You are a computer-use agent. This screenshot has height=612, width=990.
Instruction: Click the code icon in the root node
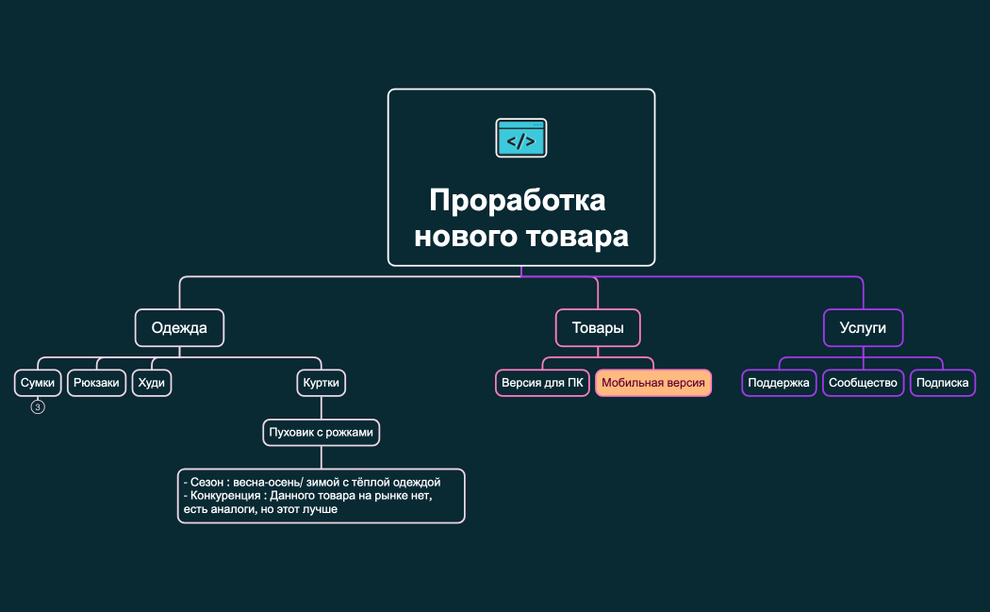pyautogui.click(x=521, y=138)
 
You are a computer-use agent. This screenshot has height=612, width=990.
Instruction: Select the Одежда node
pyautogui.click(x=179, y=328)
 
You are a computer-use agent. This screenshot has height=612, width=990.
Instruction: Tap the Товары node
pyautogui.click(x=598, y=328)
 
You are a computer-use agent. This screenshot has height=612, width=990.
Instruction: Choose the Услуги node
pyautogui.click(x=863, y=328)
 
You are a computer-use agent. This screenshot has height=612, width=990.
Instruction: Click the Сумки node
pyautogui.click(x=39, y=383)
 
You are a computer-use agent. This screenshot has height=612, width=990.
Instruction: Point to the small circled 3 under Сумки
pyautogui.click(x=38, y=407)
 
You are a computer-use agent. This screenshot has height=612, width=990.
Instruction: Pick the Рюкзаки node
pyautogui.click(x=96, y=383)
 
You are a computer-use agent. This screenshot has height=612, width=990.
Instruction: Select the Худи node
pyautogui.click(x=152, y=383)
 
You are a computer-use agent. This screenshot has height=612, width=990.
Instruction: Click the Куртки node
pyautogui.click(x=322, y=383)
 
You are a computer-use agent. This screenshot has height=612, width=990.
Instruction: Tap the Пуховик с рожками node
pyautogui.click(x=322, y=433)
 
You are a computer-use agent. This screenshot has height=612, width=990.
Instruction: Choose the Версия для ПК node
pyautogui.click(x=543, y=383)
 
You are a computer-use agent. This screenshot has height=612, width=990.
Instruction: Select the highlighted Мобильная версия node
pyautogui.click(x=653, y=383)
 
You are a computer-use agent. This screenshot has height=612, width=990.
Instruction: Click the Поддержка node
pyautogui.click(x=779, y=383)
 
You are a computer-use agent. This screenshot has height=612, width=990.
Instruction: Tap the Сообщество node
pyautogui.click(x=863, y=383)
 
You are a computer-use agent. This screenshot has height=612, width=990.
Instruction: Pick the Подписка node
pyautogui.click(x=943, y=383)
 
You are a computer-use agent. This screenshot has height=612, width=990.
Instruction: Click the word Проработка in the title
pyautogui.click(x=518, y=201)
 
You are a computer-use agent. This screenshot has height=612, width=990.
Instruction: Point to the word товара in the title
pyautogui.click(x=579, y=236)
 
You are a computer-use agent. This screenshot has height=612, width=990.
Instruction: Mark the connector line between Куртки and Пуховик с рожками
pyautogui.click(x=322, y=407)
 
